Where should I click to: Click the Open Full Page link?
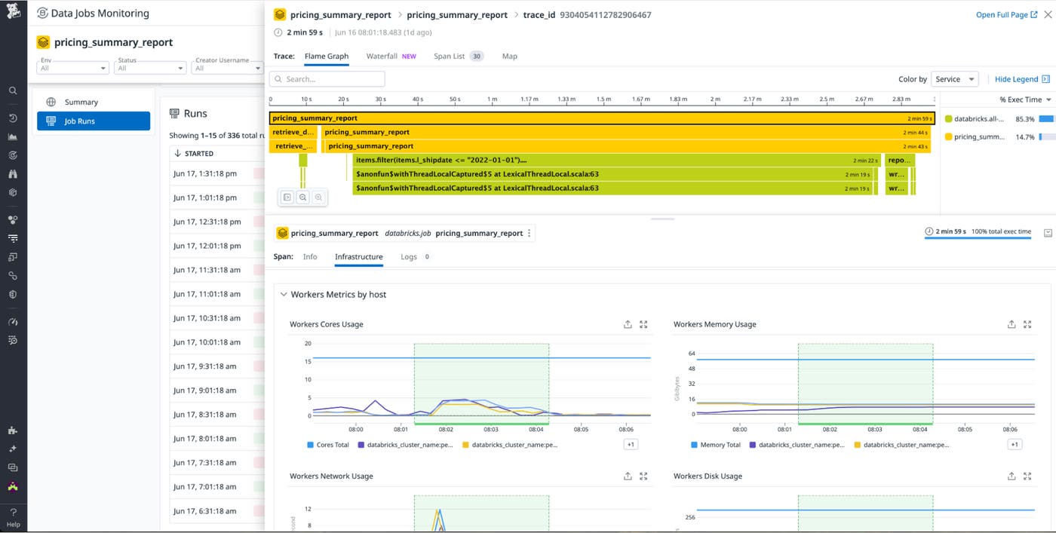tap(1006, 15)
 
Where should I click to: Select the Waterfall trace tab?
tap(382, 57)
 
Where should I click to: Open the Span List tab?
tap(450, 57)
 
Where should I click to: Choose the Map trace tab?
tap(510, 57)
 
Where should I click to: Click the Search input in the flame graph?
tap(327, 79)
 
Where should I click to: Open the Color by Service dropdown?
tap(954, 79)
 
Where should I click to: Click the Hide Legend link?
tap(1016, 79)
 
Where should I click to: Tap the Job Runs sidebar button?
tap(94, 121)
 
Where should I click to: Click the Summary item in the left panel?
tap(81, 102)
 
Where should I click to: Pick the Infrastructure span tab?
tap(358, 257)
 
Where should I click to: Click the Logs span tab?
tap(409, 257)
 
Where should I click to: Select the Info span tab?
tap(310, 257)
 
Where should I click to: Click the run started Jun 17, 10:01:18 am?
tap(207, 342)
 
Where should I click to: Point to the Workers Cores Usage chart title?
tap(327, 324)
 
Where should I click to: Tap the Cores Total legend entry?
tap(332, 445)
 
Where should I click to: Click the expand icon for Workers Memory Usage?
tap(1027, 324)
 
